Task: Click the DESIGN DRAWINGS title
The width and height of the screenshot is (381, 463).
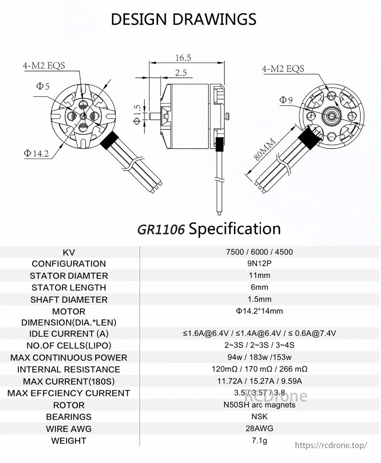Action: pos(184,19)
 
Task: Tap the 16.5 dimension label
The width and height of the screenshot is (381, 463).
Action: pos(183,58)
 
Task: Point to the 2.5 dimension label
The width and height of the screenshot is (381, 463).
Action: pos(181,73)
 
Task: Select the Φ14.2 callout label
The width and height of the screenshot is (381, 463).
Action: pos(36,154)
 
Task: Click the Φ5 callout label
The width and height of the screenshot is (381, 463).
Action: pos(43,86)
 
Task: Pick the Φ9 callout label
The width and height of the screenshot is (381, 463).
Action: pos(286,100)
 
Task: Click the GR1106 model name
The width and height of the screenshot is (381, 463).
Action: pos(161,230)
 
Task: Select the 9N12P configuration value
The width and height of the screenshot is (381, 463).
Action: pos(259,263)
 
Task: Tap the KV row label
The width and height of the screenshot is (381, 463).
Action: pos(69,252)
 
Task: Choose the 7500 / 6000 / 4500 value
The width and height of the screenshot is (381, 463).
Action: pos(259,252)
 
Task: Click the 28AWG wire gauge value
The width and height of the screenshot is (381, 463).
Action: pos(259,428)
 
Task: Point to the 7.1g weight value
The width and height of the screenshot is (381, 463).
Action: pos(259,441)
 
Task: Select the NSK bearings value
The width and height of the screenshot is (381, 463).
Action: pos(259,417)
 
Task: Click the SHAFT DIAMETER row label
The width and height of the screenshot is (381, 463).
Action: pos(69,299)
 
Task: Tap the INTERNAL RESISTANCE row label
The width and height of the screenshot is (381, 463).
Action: pos(69,369)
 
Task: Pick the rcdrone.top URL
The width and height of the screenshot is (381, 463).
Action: pos(331,445)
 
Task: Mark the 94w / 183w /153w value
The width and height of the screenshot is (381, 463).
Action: pos(259,357)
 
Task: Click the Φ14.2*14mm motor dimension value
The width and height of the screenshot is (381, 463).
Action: pos(259,311)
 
